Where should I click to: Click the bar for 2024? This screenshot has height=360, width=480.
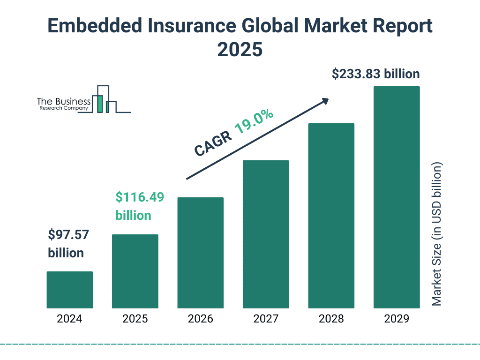click(x=70, y=290)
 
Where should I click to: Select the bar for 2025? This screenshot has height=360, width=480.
click(x=135, y=271)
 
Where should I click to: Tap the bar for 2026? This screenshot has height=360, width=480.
click(x=200, y=253)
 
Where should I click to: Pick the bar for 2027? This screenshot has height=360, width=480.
click(x=266, y=234)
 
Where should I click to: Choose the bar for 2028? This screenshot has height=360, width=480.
click(x=331, y=216)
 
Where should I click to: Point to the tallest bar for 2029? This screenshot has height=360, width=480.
click(x=396, y=197)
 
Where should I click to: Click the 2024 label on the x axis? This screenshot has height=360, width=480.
click(x=70, y=319)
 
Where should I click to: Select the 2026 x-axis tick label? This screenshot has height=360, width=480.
click(x=200, y=319)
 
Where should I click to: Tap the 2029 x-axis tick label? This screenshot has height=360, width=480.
click(x=396, y=319)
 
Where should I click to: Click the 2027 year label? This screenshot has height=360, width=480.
click(x=266, y=319)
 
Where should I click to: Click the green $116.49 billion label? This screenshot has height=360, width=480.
click(x=139, y=206)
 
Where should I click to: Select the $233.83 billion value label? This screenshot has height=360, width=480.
click(x=375, y=74)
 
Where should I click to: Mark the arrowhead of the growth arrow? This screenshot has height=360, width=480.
click(x=325, y=101)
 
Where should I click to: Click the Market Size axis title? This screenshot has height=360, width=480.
click(x=437, y=234)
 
